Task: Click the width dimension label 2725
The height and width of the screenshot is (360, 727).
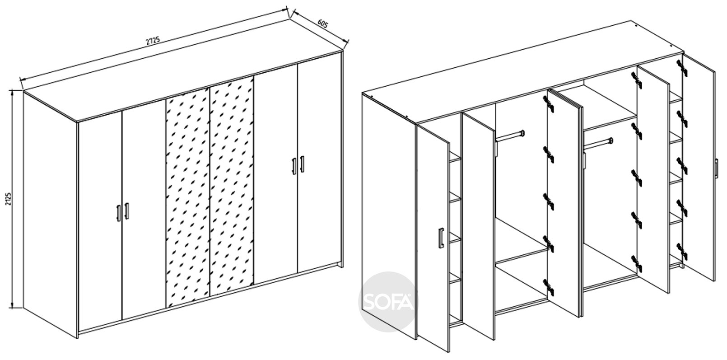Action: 153,41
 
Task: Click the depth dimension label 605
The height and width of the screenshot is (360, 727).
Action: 322,24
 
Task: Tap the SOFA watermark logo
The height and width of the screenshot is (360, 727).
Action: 388,302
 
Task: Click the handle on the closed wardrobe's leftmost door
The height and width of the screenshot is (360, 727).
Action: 118,213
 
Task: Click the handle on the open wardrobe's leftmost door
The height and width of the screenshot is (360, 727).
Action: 441,238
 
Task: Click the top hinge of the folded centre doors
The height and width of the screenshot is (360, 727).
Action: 549,104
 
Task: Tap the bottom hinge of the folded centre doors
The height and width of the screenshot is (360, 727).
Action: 549,287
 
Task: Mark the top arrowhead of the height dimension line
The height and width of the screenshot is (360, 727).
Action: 12,92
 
